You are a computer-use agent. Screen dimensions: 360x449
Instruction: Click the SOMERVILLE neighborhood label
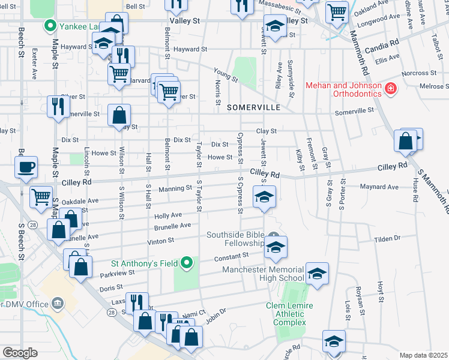tap(254, 107)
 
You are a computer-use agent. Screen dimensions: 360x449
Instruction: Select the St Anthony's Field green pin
tap(187, 263)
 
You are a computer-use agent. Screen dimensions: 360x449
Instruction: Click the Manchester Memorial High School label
tap(263, 274)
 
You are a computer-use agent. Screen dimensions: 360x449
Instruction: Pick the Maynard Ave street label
tap(379, 187)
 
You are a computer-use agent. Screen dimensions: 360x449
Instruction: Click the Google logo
tap(20, 353)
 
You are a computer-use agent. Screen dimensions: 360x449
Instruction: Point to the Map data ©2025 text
tap(423, 355)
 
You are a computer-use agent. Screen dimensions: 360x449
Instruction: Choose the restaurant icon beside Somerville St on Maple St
tap(58, 106)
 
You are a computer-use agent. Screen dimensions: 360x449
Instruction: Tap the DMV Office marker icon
tap(58, 304)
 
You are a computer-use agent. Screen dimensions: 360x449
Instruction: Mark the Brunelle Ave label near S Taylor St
tap(172, 226)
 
